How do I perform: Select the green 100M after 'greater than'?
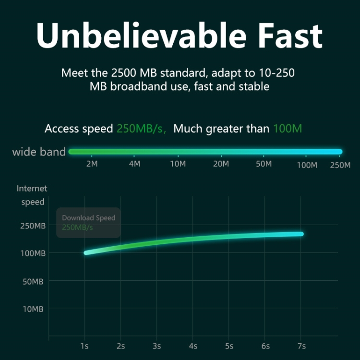(x=288, y=129)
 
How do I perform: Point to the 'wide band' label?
(x=39, y=152)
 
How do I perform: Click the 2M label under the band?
(x=92, y=164)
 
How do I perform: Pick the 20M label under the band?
(x=221, y=164)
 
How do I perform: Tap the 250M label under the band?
(x=340, y=165)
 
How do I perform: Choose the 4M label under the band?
(x=135, y=164)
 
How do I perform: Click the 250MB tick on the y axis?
(x=33, y=226)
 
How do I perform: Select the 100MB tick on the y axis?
(x=33, y=253)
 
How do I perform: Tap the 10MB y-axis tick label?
(x=34, y=309)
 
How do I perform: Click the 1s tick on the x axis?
(x=85, y=346)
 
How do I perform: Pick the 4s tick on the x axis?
(x=193, y=346)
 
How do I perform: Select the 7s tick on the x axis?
(x=301, y=346)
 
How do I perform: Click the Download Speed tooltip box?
(x=88, y=223)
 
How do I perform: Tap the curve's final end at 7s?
(x=300, y=234)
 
